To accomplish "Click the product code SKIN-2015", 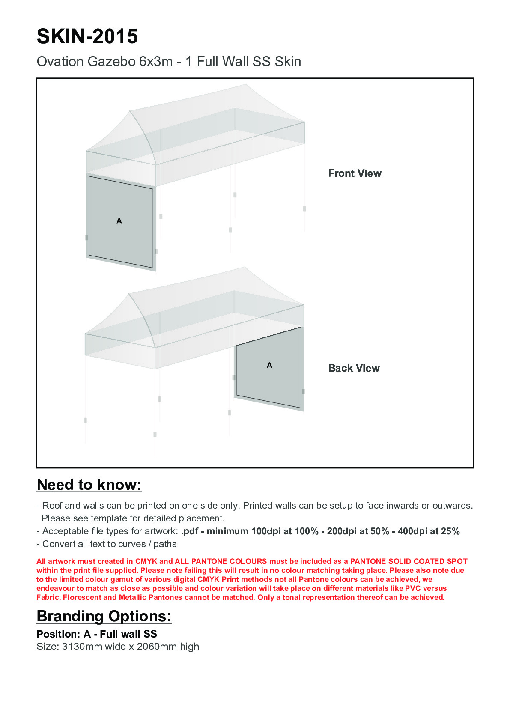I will click(87, 36).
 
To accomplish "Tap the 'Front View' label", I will click(355, 173).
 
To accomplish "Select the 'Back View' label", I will click(354, 368).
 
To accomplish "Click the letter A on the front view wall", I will click(119, 221).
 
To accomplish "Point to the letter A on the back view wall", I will click(269, 365).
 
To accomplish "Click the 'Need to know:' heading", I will click(89, 485).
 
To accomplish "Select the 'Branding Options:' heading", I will click(104, 616).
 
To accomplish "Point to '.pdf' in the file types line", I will click(190, 531).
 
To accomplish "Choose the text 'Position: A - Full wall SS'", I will click(97, 634).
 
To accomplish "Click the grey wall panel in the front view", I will click(121, 240).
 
